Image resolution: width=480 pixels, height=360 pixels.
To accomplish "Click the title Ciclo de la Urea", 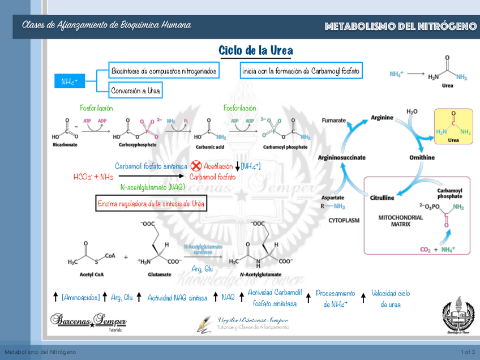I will click(x=256, y=51).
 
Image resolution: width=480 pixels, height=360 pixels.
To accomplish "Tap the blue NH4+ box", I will click(x=70, y=82).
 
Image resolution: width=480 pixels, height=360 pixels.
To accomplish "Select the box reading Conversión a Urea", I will click(x=135, y=91).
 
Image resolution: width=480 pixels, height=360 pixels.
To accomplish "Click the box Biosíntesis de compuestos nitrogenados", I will click(x=164, y=71).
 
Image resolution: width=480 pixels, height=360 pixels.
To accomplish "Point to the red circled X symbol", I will click(x=196, y=166).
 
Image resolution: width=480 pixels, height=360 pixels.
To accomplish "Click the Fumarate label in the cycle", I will click(x=333, y=121).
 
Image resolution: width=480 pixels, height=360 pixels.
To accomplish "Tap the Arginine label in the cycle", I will click(x=382, y=118).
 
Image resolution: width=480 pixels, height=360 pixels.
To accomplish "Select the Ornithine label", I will click(x=422, y=157).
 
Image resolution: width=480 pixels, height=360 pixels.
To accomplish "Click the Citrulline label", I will click(x=382, y=198).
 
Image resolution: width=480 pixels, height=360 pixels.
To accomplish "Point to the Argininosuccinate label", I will click(x=341, y=157).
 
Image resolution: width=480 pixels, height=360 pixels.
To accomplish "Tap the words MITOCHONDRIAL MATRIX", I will click(x=400, y=221).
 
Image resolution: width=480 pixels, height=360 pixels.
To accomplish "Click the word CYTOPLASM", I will click(x=344, y=220).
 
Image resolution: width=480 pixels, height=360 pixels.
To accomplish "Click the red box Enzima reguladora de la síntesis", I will click(x=151, y=203).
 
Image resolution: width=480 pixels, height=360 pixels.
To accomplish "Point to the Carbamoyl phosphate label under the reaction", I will click(x=285, y=147).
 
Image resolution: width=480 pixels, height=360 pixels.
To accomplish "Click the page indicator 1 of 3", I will click(x=468, y=353).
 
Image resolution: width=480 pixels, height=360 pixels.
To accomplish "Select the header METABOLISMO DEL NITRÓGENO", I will click(x=401, y=27).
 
